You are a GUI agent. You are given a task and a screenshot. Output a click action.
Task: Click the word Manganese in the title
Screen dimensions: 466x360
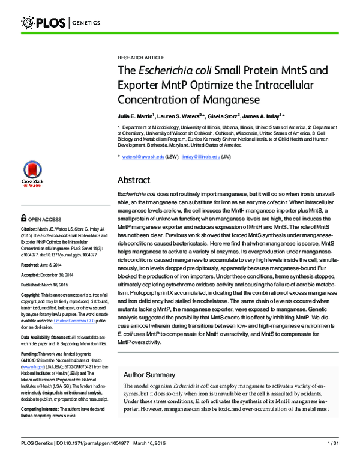[x=231, y=98]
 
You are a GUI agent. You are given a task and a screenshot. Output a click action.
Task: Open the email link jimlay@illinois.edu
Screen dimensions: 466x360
[x=200, y=157]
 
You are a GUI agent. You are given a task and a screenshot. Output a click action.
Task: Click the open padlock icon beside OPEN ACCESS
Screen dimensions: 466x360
[x=24, y=219]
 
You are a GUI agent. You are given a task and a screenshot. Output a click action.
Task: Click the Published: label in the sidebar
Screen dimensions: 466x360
[x=33, y=285]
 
